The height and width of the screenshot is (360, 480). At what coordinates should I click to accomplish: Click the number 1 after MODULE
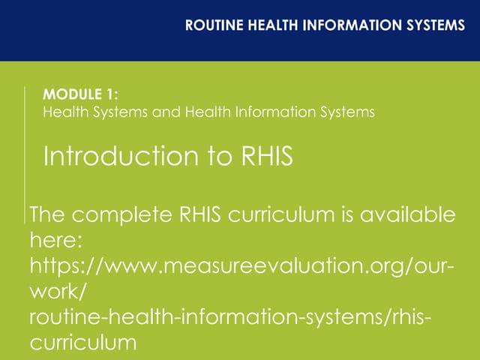[x=112, y=95]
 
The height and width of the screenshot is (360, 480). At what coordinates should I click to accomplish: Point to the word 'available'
[x=407, y=215]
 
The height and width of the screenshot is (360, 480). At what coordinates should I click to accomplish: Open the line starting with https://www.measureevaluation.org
[x=240, y=266]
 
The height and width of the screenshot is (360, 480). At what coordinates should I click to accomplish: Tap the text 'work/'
[x=57, y=291]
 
